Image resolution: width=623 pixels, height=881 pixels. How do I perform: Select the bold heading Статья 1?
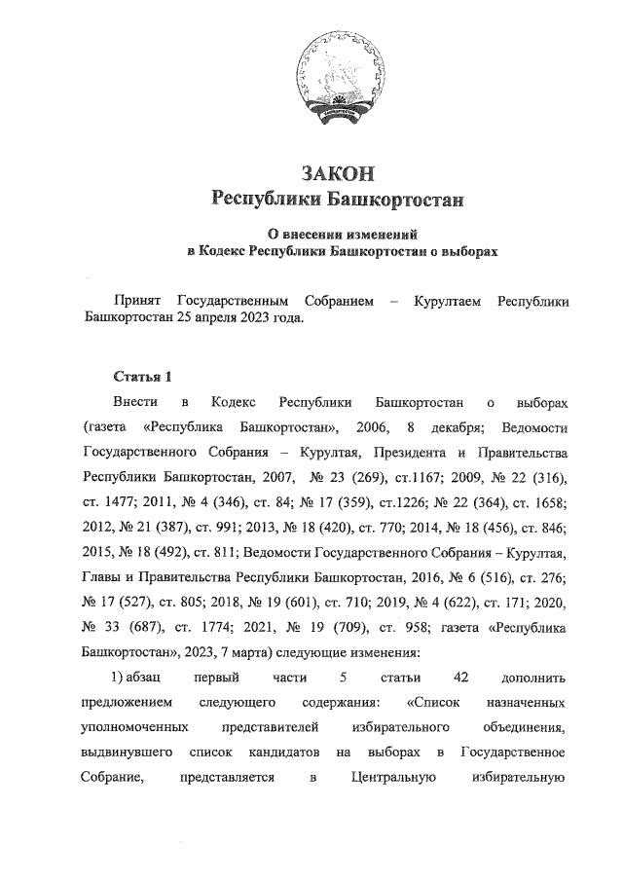(142, 376)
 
